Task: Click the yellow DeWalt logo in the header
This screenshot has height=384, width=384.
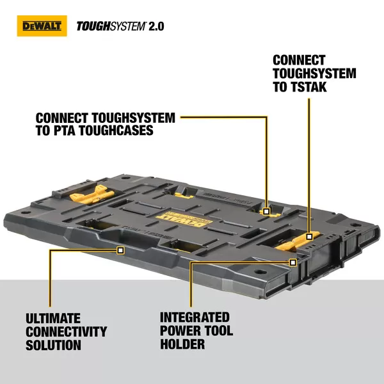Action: [40, 26]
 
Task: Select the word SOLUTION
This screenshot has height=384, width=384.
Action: [53, 346]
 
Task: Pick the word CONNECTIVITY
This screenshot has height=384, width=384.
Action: [66, 332]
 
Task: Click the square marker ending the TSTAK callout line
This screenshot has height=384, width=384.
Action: [309, 236]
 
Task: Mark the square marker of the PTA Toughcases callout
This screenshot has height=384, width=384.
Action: [267, 209]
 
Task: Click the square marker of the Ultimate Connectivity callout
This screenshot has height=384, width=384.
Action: [120, 250]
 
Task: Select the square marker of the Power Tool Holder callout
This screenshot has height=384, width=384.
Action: [292, 262]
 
